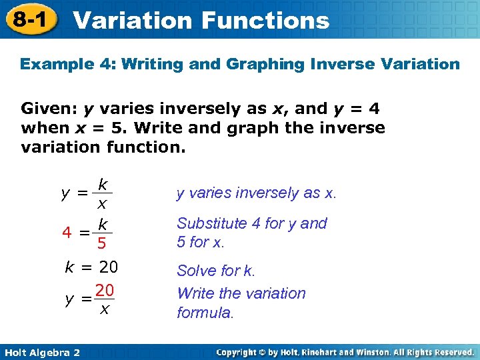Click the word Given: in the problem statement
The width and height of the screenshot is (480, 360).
49,108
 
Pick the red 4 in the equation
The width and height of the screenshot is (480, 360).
67,233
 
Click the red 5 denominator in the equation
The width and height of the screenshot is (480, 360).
101,243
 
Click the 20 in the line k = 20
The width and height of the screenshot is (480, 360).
108,268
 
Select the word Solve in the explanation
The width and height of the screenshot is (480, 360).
195,271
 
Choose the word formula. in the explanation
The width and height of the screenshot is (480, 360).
205,312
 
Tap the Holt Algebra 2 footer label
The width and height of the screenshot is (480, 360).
41,351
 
